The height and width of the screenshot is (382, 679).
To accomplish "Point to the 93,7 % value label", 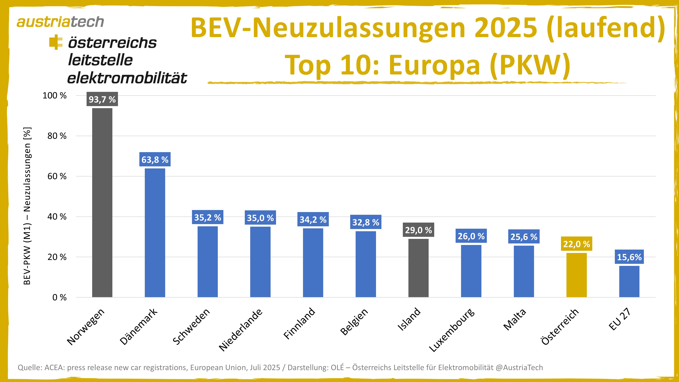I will tap(102, 99).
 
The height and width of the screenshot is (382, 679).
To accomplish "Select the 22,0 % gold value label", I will tap(576, 244).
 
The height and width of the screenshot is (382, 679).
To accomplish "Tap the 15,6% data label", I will tap(629, 257).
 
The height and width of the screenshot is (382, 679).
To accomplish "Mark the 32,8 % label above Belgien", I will tap(366, 222).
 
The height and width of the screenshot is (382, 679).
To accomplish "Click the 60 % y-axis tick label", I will tap(57, 176).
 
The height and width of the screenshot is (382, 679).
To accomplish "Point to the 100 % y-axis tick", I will tap(54, 95).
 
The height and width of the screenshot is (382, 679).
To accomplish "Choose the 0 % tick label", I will tap(59, 297).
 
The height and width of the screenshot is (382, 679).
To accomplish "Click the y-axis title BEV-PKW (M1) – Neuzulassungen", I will tap(27, 206).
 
